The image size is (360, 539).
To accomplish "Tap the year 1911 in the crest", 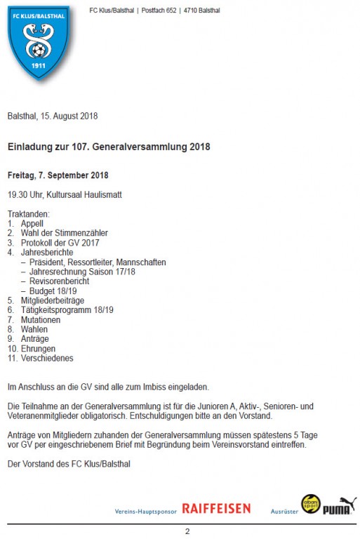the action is (39, 65).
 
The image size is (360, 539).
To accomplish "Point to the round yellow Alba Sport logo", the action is (310, 504).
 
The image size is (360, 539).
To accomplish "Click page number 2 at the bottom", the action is (187, 531).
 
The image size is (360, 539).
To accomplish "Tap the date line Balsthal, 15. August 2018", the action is (53, 116).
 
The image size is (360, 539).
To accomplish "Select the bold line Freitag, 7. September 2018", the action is (58, 175).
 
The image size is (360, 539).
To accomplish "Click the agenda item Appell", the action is (32, 223).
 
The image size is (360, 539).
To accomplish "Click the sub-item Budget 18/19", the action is (53, 291).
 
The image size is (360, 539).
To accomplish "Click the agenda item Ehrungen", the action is (38, 348).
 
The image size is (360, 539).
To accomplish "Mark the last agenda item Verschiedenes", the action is (47, 358).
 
